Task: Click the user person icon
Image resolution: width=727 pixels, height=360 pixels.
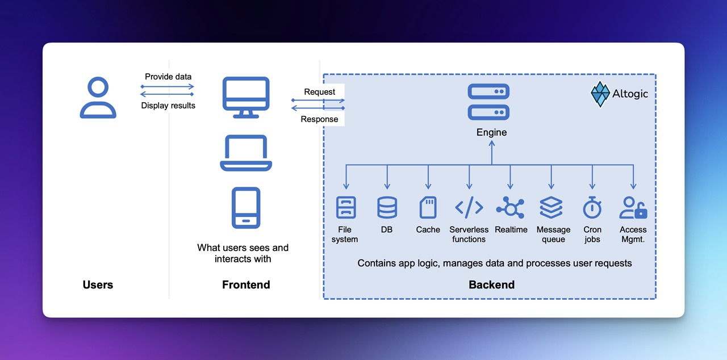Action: pos(98,98)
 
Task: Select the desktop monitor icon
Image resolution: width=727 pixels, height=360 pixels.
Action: pos(245,97)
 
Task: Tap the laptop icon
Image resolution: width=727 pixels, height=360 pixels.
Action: pos(245,153)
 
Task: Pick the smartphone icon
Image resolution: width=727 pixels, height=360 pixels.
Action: pos(246,208)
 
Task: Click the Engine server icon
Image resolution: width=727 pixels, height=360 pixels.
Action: pos(488,102)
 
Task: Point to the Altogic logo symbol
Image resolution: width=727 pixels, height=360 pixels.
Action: pos(600,94)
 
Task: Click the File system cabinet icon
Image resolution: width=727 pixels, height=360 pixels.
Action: pos(346,208)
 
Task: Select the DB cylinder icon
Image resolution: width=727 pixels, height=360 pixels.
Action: pos(387,208)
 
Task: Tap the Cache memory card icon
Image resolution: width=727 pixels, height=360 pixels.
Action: pos(428,208)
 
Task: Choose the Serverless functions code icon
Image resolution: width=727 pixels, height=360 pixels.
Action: pos(469,208)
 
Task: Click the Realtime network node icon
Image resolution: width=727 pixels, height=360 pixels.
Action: pos(510,208)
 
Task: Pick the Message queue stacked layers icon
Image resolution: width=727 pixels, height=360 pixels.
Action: pos(551,208)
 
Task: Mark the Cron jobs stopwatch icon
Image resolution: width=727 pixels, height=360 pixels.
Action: pos(592,208)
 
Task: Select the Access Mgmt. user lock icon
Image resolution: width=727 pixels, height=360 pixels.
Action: pos(633,208)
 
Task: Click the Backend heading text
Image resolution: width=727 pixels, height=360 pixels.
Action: pos(491,284)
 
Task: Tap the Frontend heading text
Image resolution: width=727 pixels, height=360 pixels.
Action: pos(246,284)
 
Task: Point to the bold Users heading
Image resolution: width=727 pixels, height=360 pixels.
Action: pos(98,284)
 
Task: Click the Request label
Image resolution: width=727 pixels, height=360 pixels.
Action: pos(319,92)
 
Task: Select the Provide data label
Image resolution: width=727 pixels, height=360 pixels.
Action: pos(168,77)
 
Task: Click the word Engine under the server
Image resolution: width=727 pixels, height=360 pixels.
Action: pos(491,132)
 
